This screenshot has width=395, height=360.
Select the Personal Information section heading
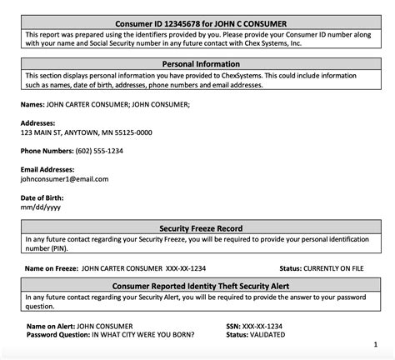coord(197,63)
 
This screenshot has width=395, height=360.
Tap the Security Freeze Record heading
coord(197,227)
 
